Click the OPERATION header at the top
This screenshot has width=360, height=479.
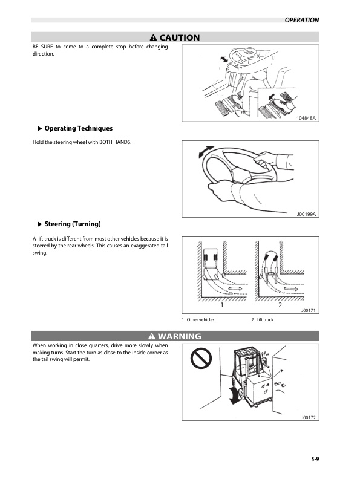click(301, 20)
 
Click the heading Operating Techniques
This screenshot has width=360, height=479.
click(78, 128)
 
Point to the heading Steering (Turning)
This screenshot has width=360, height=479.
click(72, 224)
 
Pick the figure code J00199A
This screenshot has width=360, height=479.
click(307, 214)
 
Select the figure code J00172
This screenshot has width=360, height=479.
click(309, 417)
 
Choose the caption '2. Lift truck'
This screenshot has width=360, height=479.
click(262, 319)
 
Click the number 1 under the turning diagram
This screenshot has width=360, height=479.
click(222, 305)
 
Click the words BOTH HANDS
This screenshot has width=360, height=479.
click(115, 142)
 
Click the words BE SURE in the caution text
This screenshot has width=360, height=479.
click(42, 47)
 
